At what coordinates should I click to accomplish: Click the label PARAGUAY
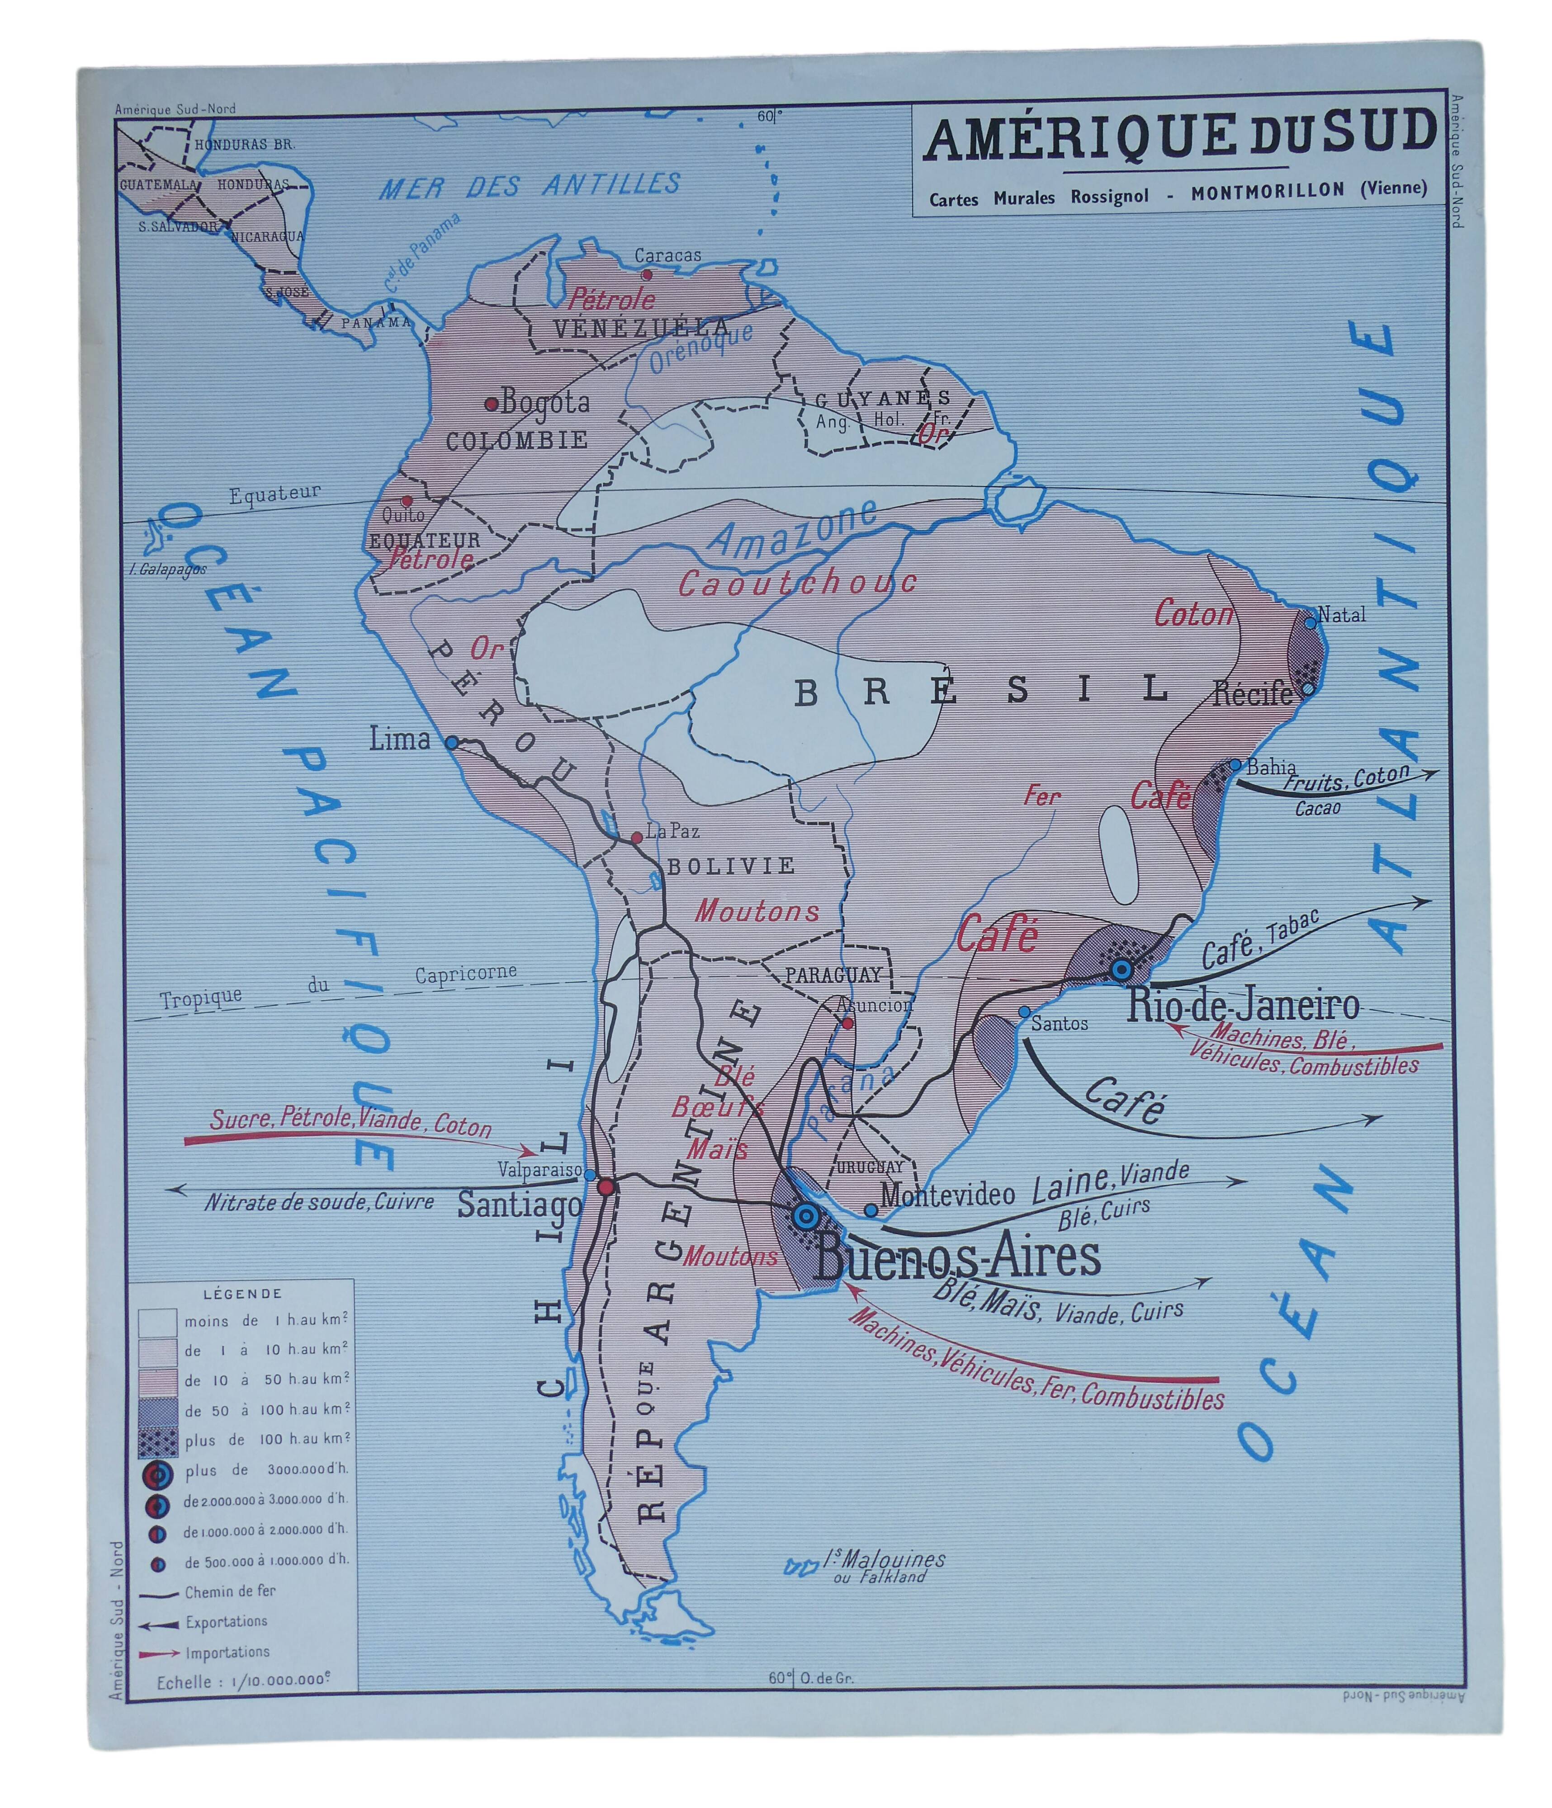tap(833, 975)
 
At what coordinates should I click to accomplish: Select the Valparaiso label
tap(539, 1169)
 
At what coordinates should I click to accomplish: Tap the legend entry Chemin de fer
tap(230, 1591)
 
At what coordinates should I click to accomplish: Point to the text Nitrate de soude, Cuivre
tap(319, 1202)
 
